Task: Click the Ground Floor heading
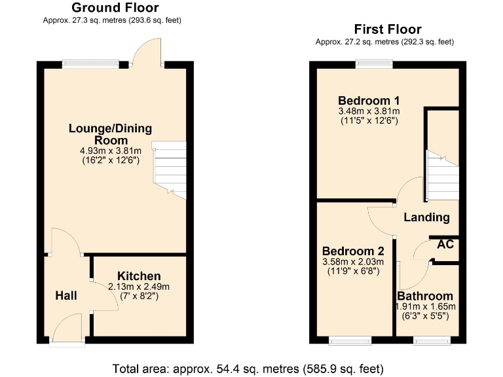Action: (x=115, y=8)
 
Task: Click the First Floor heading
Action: (x=388, y=29)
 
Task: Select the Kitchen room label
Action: (x=139, y=276)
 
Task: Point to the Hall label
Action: (x=65, y=296)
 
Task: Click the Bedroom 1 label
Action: (x=369, y=101)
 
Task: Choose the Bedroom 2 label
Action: (x=353, y=251)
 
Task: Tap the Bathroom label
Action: (x=425, y=296)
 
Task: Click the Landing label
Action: (x=426, y=217)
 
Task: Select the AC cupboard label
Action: (x=445, y=245)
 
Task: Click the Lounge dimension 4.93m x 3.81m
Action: (x=109, y=151)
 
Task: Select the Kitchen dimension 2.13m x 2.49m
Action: (x=138, y=287)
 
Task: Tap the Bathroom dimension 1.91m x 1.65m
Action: (x=425, y=306)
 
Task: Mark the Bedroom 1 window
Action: (x=374, y=63)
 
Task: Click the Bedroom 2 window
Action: (x=349, y=340)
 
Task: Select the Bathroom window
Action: (x=432, y=340)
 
